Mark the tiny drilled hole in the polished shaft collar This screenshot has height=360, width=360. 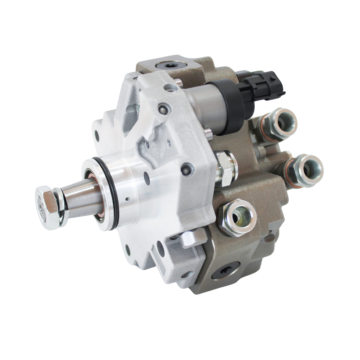pos(127,199)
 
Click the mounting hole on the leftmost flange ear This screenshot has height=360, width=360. pos(97,135)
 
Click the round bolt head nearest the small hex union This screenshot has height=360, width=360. pos(187,169)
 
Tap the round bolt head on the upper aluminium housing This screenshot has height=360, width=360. pos(163,108)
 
